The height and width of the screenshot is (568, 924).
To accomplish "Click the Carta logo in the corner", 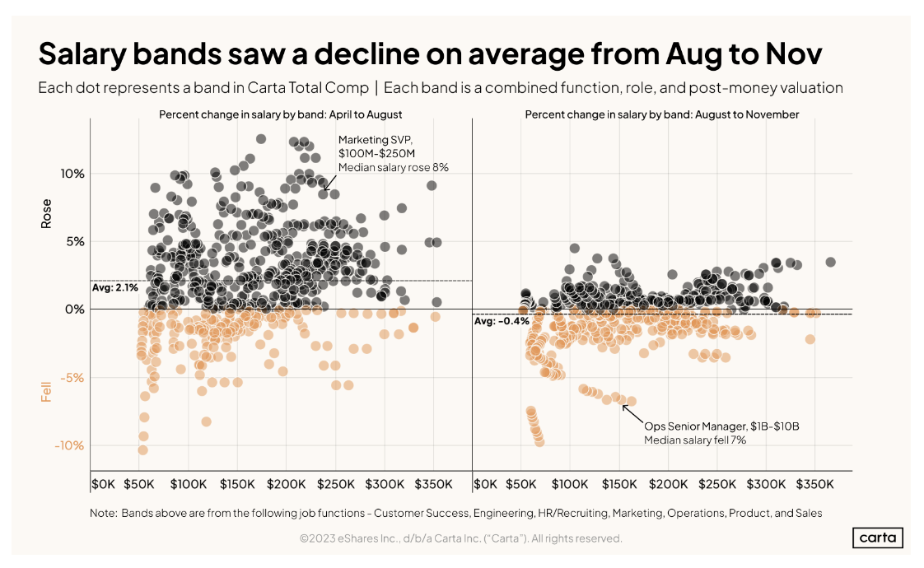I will coord(877,538).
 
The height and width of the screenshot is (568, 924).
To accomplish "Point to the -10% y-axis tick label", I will coord(70,445).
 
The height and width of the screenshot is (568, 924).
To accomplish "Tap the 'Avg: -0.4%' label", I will coord(502,321).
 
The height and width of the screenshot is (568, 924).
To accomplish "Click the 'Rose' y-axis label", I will coord(46,213).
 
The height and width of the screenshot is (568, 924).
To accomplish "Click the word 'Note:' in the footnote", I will coord(103,513).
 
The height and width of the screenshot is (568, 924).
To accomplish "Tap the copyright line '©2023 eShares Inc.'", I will coord(461,538).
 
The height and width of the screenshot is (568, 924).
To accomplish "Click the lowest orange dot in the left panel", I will coord(142,449).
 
